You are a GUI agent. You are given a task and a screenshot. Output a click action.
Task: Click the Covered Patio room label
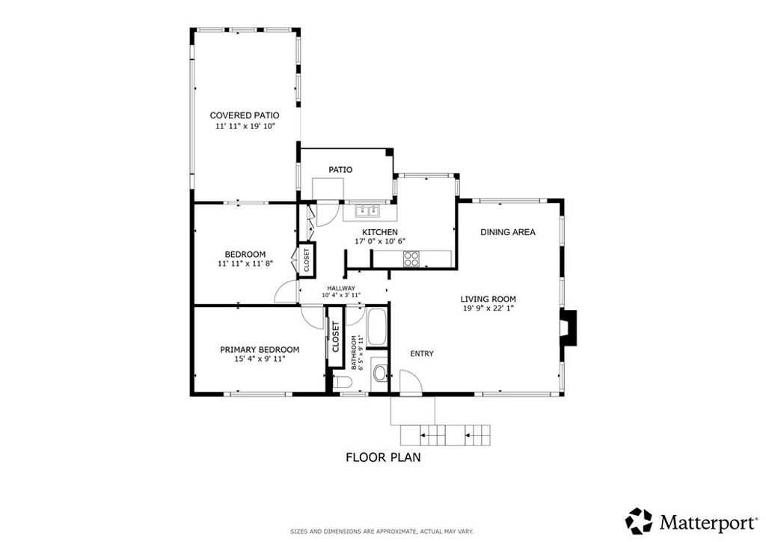click(245, 115)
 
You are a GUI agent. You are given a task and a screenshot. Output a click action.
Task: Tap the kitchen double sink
click(368, 211)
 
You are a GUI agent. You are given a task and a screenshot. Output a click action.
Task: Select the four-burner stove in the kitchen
click(411, 258)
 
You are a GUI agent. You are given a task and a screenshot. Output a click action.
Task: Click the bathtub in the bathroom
click(377, 327)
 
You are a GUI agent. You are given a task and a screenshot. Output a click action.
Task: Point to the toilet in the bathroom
click(343, 383)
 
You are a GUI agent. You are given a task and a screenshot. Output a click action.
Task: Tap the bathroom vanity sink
click(379, 374)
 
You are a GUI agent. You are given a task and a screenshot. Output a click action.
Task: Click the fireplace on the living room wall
click(569, 328)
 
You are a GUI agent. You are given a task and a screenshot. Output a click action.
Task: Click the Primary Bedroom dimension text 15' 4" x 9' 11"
click(260, 359)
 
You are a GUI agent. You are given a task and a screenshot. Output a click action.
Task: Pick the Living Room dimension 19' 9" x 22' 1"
click(488, 308)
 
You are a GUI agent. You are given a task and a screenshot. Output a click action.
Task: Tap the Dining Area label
click(508, 232)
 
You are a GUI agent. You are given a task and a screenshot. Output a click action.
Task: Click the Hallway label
click(341, 288)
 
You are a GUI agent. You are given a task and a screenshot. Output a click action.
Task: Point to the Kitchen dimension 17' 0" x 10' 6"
click(380, 241)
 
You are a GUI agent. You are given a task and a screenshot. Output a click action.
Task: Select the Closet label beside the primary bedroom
click(336, 337)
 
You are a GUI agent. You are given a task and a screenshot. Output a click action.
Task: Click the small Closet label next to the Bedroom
click(307, 261)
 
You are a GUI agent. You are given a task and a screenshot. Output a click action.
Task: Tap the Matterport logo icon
click(639, 521)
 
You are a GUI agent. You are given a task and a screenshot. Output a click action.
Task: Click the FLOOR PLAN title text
click(384, 457)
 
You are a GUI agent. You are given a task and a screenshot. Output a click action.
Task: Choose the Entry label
click(422, 353)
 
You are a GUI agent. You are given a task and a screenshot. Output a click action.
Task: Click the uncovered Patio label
click(340, 170)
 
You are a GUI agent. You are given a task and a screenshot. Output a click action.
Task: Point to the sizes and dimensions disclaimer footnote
click(382, 532)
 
